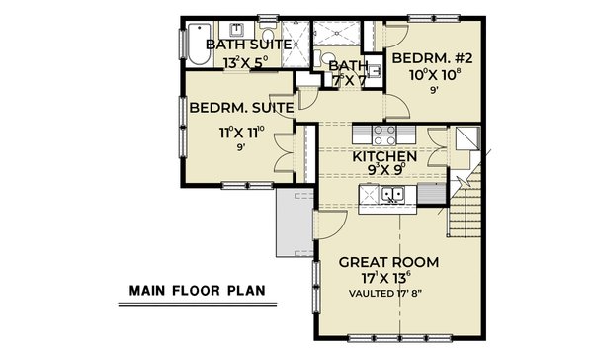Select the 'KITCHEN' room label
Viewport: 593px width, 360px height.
point(384,157)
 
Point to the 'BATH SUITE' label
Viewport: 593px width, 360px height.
point(249,45)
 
